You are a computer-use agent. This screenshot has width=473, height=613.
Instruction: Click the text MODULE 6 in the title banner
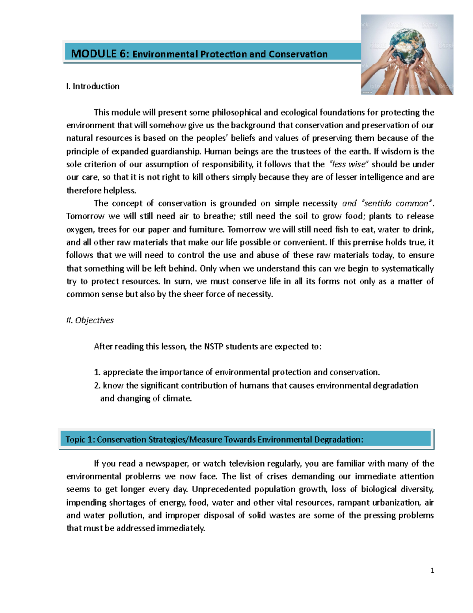pyautogui.click(x=100, y=54)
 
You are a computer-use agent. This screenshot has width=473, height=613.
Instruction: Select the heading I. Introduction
pyautogui.click(x=93, y=86)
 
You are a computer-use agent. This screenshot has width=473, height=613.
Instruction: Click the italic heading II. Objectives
pyautogui.click(x=90, y=320)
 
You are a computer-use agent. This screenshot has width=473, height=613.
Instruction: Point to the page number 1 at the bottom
pyautogui.click(x=432, y=570)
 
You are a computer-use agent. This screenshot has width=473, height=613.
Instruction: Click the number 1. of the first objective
pyautogui.click(x=97, y=372)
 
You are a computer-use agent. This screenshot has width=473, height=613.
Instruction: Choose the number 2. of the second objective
pyautogui.click(x=97, y=385)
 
